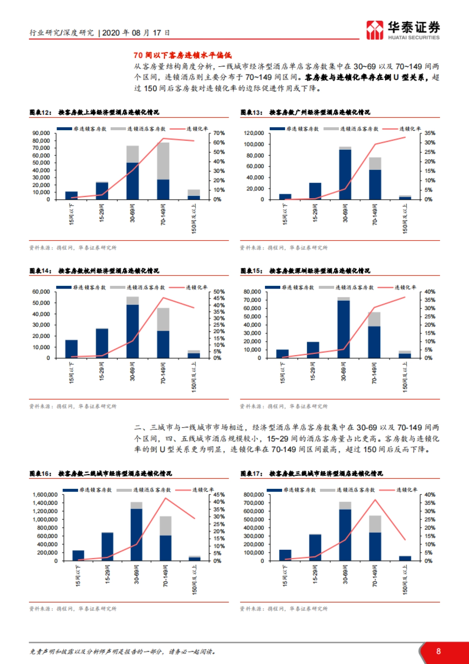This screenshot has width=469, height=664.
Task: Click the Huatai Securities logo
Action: [403, 30]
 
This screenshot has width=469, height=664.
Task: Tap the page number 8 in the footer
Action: [439, 651]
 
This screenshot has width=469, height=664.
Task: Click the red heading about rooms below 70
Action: [183, 56]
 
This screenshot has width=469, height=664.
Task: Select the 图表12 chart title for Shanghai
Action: [94, 113]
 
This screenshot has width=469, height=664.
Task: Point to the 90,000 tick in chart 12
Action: [41, 133]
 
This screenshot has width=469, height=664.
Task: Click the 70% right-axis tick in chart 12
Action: [219, 133]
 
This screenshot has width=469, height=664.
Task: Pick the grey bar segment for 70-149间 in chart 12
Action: [163, 161]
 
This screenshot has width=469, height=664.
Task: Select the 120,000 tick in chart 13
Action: [254, 133]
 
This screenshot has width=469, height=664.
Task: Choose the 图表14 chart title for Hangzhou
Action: [94, 271]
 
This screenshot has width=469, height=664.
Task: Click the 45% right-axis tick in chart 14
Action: [219, 298]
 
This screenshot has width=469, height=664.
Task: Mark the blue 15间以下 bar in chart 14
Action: [72, 349]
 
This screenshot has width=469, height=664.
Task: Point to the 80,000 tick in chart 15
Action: [252, 292]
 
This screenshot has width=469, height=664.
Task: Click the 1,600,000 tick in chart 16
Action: [45, 495]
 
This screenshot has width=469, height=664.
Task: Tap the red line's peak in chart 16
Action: [166, 498]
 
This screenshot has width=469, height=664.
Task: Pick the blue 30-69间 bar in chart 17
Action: [345, 535]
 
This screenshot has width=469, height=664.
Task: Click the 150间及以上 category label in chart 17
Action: [405, 580]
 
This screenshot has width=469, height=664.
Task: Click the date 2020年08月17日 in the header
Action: [136, 33]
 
